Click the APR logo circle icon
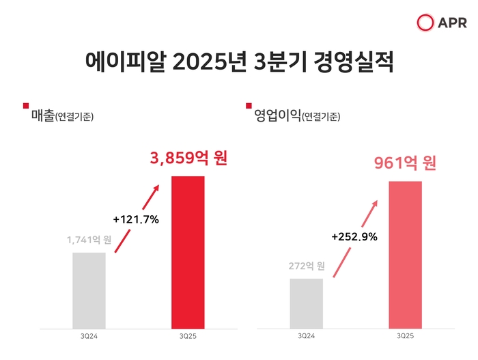(x=425, y=23)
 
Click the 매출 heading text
(x=42, y=115)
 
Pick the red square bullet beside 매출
(x=26, y=106)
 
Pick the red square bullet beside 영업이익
(x=248, y=106)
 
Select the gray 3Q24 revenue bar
(x=89, y=290)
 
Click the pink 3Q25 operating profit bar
(x=406, y=254)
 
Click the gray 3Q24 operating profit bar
(x=307, y=303)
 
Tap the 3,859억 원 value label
(x=188, y=158)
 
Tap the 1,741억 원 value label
(x=89, y=240)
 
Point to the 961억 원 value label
(x=405, y=163)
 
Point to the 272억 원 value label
(x=307, y=266)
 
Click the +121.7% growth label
(x=135, y=219)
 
